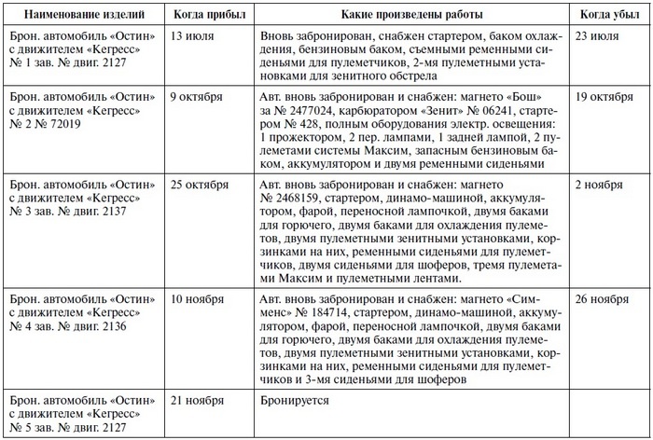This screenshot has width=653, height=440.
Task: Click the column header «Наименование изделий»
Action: (81, 15)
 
